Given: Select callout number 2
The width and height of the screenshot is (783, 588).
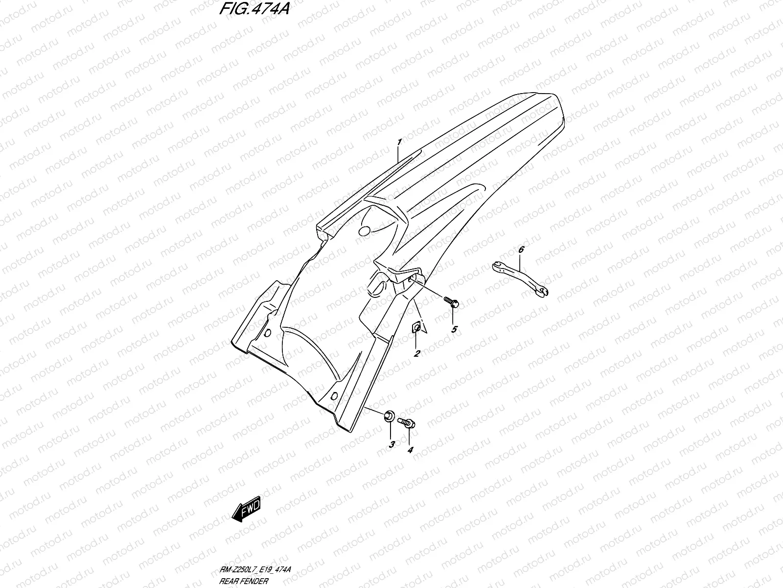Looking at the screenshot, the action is pyautogui.click(x=416, y=353).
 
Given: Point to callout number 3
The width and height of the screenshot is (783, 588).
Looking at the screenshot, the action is pyautogui.click(x=391, y=444).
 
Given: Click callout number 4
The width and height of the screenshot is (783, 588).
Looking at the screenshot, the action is pyautogui.click(x=410, y=449).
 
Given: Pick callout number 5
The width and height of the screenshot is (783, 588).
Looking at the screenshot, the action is pyautogui.click(x=454, y=329).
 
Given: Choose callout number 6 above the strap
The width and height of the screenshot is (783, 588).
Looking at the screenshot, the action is pyautogui.click(x=521, y=250).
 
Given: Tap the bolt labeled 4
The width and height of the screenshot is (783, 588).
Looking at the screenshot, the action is pyautogui.click(x=407, y=421).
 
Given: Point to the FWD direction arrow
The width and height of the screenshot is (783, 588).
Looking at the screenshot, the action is pyautogui.click(x=247, y=509).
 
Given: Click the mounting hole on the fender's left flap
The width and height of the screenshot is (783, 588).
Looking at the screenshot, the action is pyautogui.click(x=267, y=333).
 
